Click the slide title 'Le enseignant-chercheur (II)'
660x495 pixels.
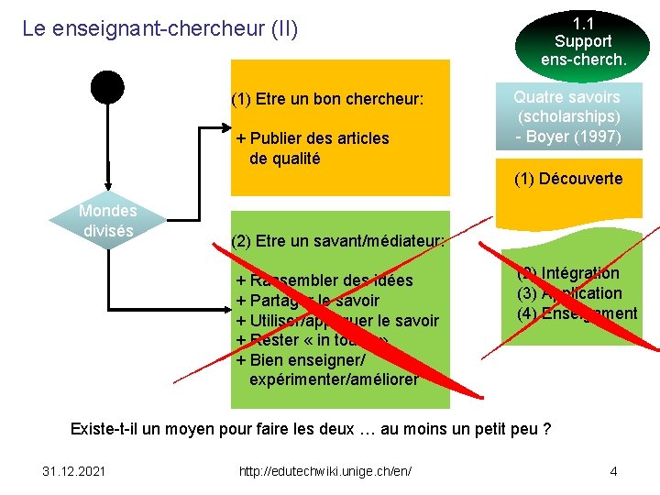[x=160, y=28]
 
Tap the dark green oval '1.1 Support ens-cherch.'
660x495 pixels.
[x=583, y=41]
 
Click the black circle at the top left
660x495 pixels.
[x=107, y=86]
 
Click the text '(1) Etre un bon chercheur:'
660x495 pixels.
[x=327, y=98]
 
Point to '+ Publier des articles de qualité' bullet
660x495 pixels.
[x=312, y=148]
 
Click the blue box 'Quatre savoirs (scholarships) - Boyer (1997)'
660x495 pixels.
[x=568, y=117]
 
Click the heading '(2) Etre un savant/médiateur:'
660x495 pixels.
[x=338, y=242]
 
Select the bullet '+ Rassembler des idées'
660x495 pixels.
[x=325, y=280]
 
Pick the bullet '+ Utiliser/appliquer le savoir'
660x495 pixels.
[x=337, y=321]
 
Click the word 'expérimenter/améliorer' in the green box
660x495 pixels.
[x=333, y=379]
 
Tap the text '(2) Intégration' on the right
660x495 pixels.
[x=568, y=273]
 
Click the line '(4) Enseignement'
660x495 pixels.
[x=577, y=313]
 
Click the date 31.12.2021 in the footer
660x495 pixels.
[x=74, y=471]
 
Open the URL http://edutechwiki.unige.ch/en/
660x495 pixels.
[x=324, y=471]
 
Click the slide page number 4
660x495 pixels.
[x=613, y=471]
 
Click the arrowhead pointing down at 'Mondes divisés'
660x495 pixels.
[x=108, y=187]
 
